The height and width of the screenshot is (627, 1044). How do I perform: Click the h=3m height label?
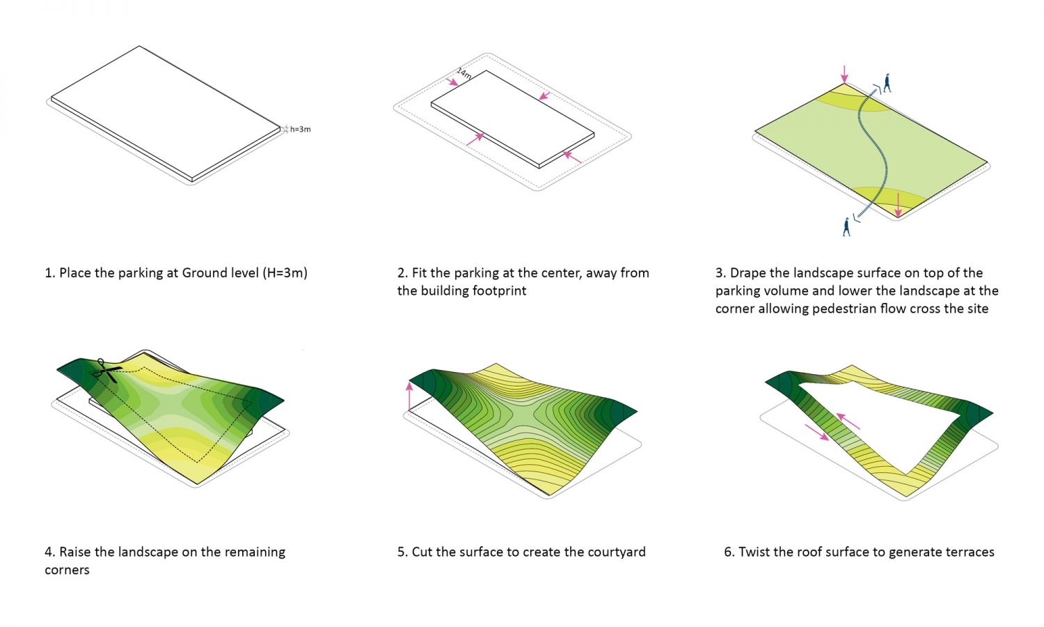(300, 129)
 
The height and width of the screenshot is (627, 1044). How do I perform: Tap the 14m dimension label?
(464, 73)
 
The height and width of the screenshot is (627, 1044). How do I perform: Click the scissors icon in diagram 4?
(106, 371)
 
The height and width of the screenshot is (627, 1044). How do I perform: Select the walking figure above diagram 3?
(887, 83)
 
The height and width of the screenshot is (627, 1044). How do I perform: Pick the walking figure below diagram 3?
(847, 227)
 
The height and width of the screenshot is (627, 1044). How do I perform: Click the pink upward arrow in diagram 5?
(409, 396)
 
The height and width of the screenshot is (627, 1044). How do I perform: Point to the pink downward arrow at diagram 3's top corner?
(844, 74)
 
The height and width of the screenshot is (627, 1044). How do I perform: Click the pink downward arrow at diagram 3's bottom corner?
(898, 205)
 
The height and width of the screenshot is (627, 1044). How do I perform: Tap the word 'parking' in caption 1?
(140, 273)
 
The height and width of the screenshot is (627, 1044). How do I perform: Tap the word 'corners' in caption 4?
(67, 570)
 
